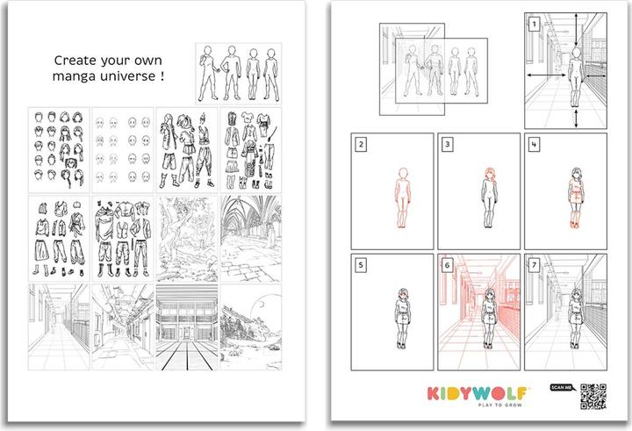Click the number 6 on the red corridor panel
coord(448,263)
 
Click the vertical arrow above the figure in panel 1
coord(575,31)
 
